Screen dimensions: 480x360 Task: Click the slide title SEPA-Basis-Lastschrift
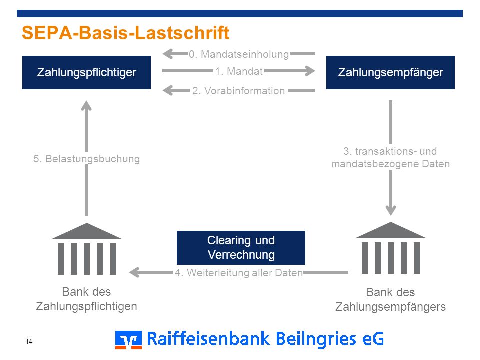pos(126,33)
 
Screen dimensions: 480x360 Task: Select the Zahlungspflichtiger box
pos(86,72)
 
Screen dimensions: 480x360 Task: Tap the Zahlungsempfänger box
pos(390,72)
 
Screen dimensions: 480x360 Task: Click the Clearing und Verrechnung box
pos(241,248)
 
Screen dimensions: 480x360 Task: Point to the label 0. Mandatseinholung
pos(239,54)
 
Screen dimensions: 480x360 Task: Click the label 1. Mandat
pos(239,71)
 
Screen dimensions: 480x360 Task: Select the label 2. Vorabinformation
pos(239,91)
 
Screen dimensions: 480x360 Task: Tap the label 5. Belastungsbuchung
pos(86,159)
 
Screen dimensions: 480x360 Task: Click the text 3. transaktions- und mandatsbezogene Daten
pos(390,157)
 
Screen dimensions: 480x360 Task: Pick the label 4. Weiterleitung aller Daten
pos(239,273)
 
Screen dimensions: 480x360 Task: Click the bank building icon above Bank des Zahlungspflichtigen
pos(87,249)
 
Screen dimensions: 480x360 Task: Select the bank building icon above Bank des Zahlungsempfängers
pos(391,248)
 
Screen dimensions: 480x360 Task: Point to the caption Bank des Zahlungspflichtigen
pos(86,299)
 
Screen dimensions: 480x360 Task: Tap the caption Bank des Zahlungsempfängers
pos(390,299)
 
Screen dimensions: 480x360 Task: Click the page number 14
pos(29,341)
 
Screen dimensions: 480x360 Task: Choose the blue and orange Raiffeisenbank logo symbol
pos(128,340)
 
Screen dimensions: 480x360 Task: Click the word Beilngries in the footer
pos(316,339)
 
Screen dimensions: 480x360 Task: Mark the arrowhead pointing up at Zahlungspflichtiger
pos(86,105)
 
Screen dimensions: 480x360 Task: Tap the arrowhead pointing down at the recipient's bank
pos(391,211)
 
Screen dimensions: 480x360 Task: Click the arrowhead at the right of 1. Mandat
pos(310,71)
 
